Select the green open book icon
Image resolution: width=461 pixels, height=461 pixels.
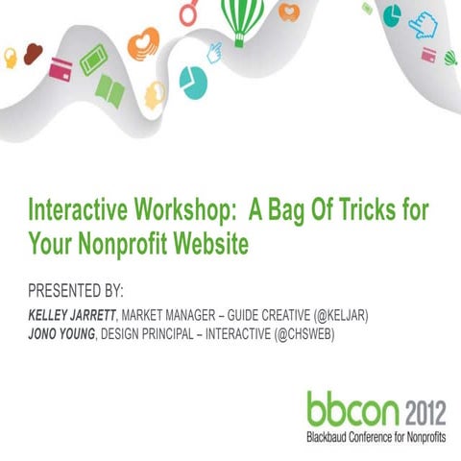click(109, 91)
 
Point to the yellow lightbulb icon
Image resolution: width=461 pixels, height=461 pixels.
click(11, 58)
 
